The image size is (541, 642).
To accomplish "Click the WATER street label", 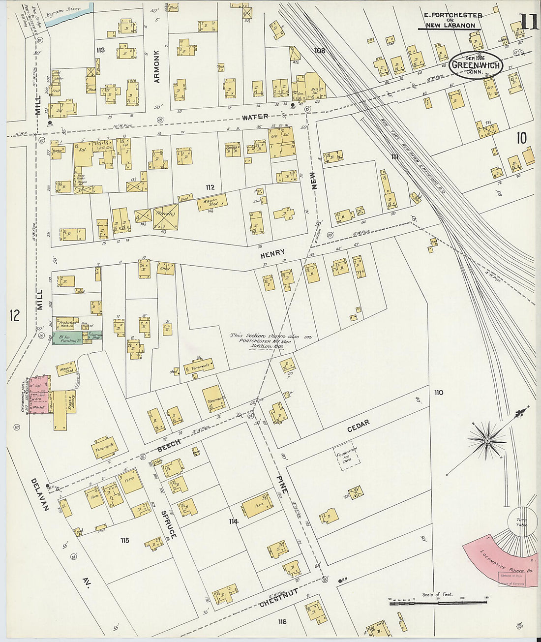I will point(255,117).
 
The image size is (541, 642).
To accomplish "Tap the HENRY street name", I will point(272,253).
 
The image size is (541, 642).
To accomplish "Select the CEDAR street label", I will point(358,426).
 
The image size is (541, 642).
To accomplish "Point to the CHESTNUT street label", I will point(279,597).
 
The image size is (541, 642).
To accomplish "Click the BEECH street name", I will point(169,446).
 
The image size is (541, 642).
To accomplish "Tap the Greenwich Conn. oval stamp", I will point(476,65).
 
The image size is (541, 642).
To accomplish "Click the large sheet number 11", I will point(528,22).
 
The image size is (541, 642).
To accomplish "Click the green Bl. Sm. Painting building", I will point(71,338).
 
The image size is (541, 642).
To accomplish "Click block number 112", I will point(210,187).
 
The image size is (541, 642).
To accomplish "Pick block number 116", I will point(282,622).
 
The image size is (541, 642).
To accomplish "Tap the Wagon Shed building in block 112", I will point(212,202).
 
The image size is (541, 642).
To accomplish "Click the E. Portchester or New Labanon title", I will point(450,20).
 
